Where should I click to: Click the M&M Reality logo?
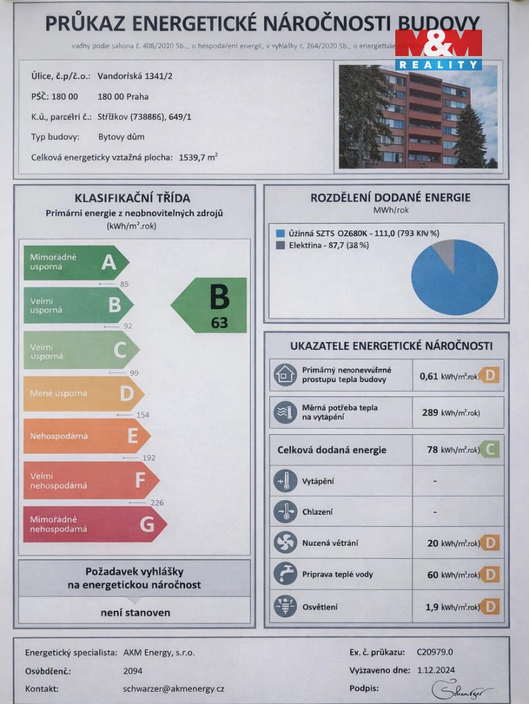pyautogui.click(x=438, y=49)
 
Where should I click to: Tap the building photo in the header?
pyautogui.click(x=417, y=116)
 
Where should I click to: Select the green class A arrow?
pyautogui.click(x=76, y=262)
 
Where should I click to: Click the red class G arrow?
pyautogui.click(x=94, y=524)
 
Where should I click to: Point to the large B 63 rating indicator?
pyautogui.click(x=211, y=305)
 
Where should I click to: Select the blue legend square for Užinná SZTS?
pyautogui.click(x=280, y=233)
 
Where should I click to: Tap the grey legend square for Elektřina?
pyautogui.click(x=280, y=245)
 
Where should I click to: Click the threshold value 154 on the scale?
pyautogui.click(x=142, y=415)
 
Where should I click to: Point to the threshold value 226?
pyautogui.click(x=157, y=503)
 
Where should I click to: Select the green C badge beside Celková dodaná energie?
pyautogui.click(x=490, y=450)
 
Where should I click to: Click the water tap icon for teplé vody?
pyautogui.click(x=285, y=574)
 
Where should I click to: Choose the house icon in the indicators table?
pyautogui.click(x=285, y=375)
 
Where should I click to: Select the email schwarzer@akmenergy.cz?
pyautogui.click(x=174, y=689)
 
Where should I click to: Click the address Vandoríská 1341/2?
pyautogui.click(x=135, y=76)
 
